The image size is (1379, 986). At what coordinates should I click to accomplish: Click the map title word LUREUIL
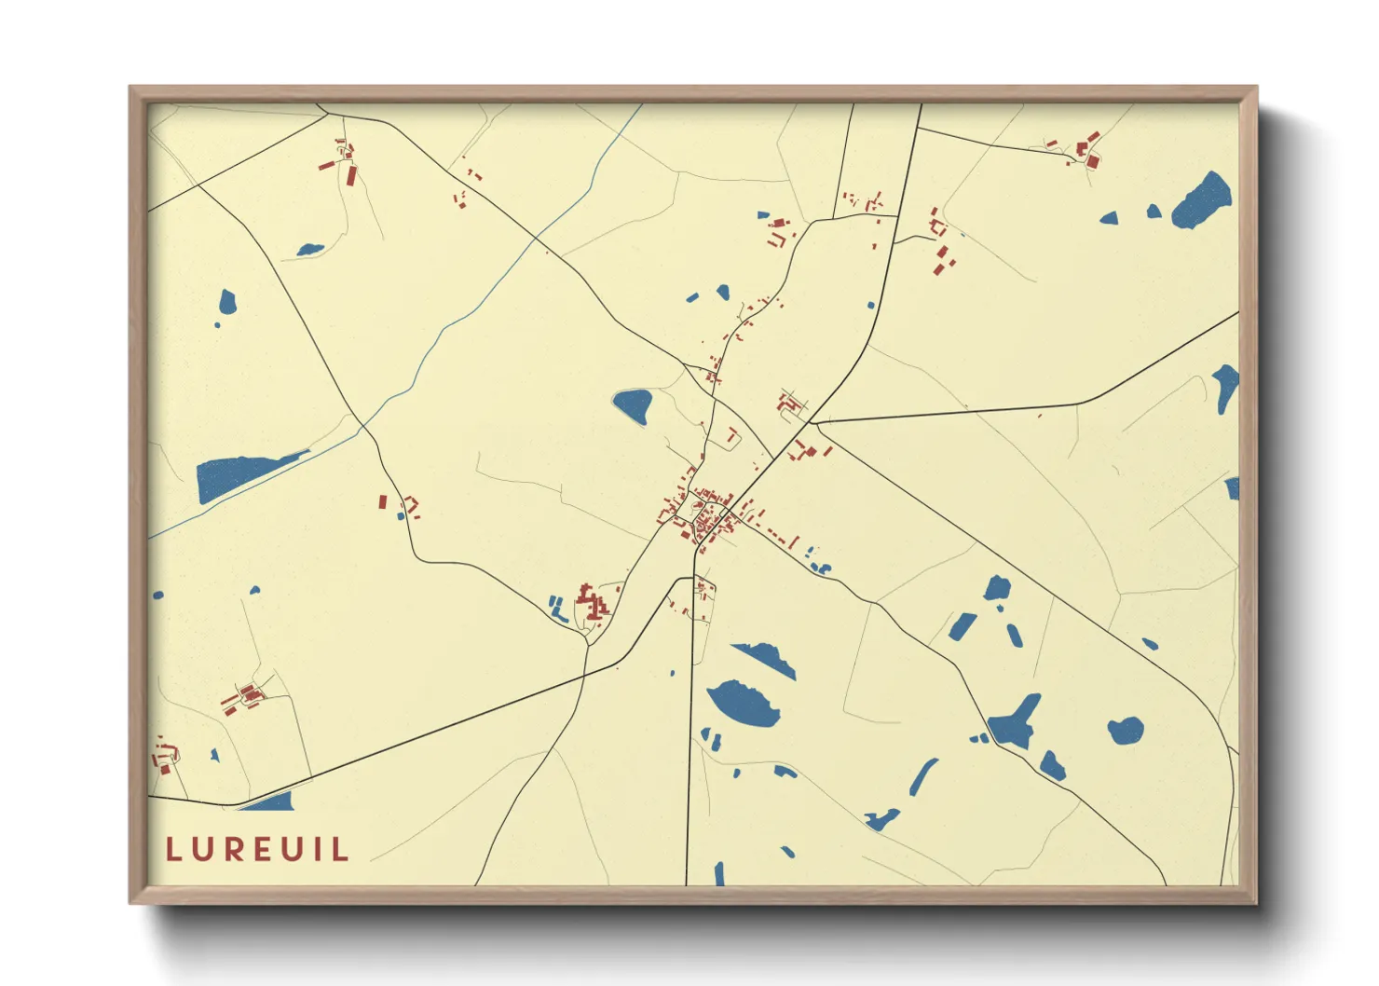coord(257,849)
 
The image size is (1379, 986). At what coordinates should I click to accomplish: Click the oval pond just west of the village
coord(633,405)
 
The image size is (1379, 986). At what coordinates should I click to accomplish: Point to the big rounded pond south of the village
coord(743,704)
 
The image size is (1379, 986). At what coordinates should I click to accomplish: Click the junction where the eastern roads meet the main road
coord(812,422)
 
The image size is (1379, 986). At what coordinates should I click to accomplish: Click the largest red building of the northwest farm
coord(351,175)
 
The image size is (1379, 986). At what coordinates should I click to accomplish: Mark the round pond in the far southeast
coord(1126,730)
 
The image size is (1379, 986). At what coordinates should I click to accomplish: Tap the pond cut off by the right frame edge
coord(1226,387)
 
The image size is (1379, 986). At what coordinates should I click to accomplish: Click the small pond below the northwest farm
coord(310,250)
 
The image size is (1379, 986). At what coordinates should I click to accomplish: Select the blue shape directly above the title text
coord(268,801)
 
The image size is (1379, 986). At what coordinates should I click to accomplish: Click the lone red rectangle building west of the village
coord(382,501)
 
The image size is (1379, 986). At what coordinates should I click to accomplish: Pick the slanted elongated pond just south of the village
coord(766,658)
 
